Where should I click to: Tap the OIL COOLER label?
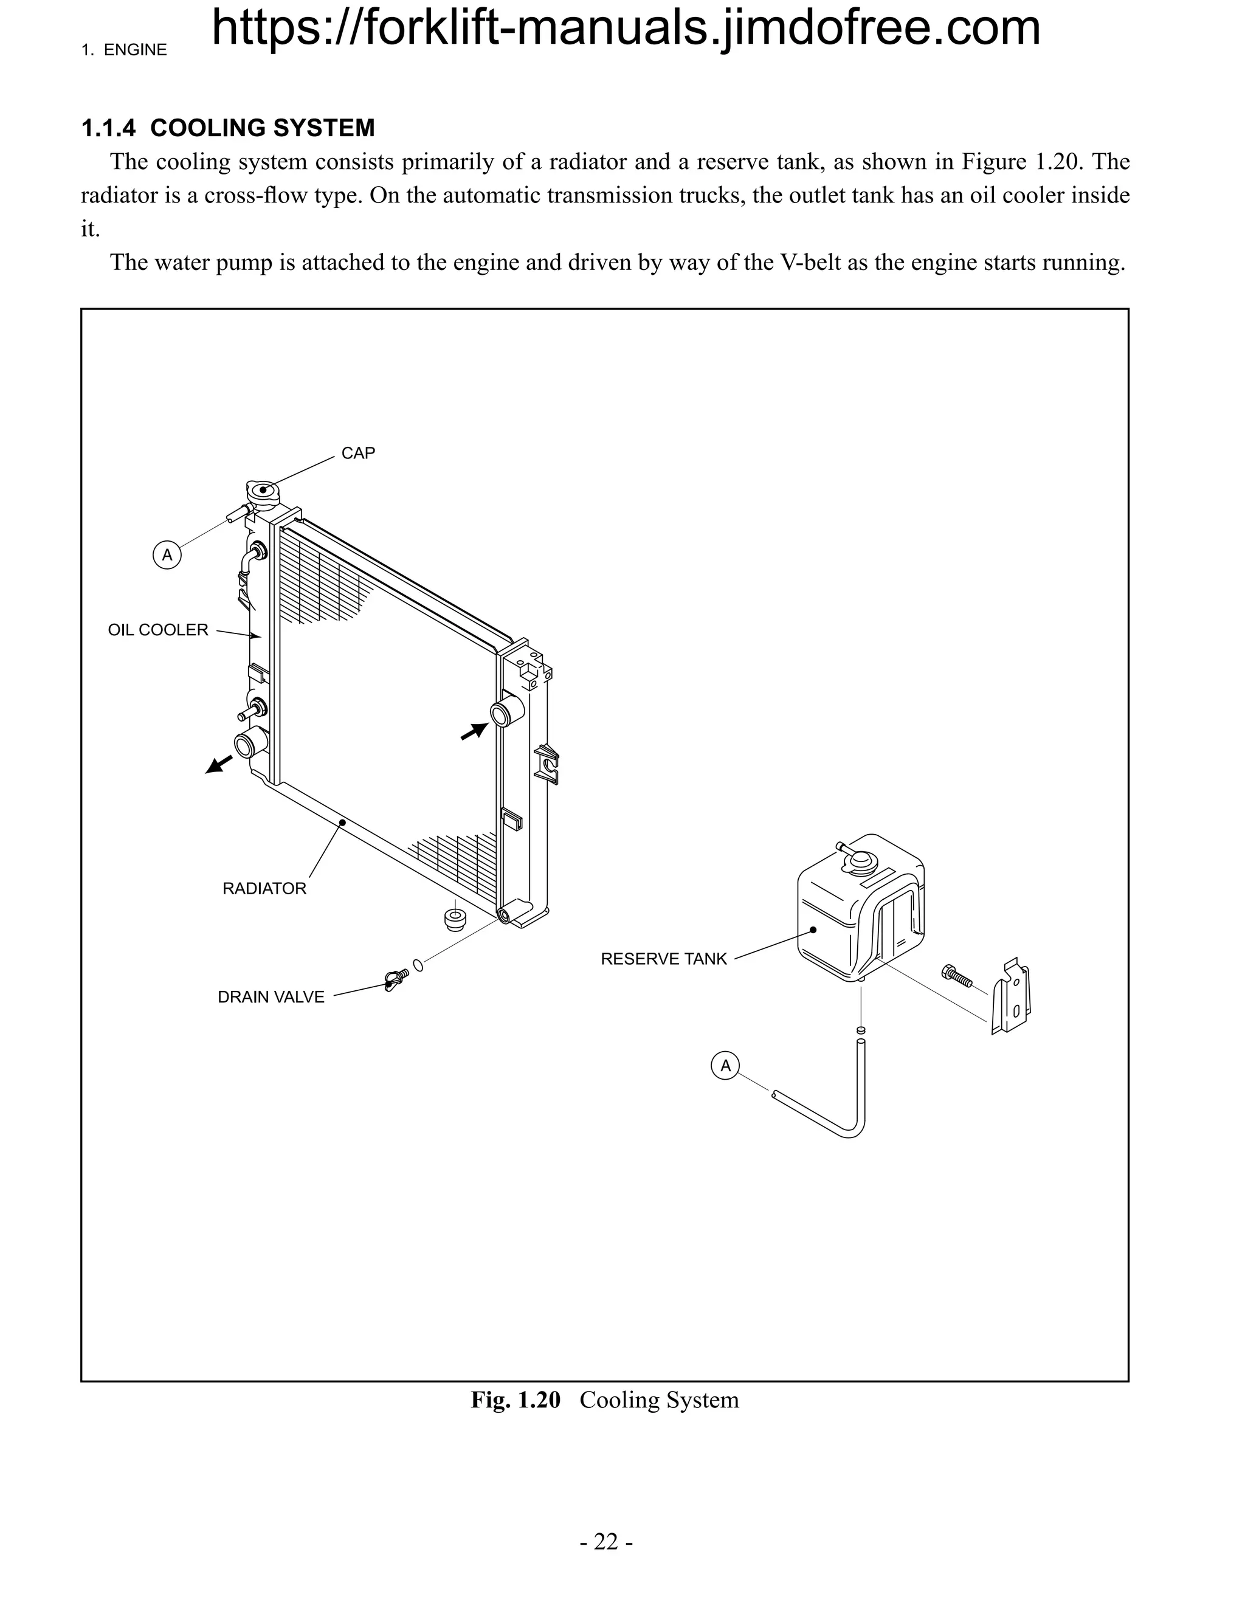pyautogui.click(x=158, y=630)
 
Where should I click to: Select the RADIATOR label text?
pyautogui.click(x=264, y=888)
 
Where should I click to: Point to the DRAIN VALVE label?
pyautogui.click(x=271, y=996)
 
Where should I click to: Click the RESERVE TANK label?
pyautogui.click(x=663, y=959)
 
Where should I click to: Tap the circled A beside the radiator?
pyautogui.click(x=167, y=554)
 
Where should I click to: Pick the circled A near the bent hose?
pyautogui.click(x=726, y=1066)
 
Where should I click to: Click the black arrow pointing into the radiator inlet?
pyautogui.click(x=474, y=731)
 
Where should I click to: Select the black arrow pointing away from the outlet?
pyautogui.click(x=218, y=764)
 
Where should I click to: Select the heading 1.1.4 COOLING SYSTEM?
pyautogui.click(x=228, y=128)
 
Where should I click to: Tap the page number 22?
pyautogui.click(x=605, y=1542)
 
